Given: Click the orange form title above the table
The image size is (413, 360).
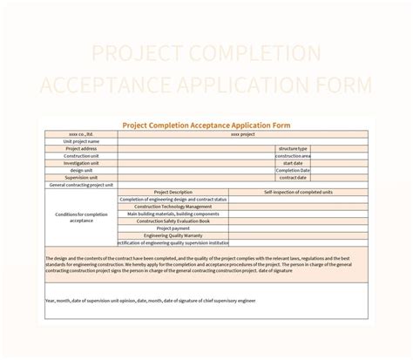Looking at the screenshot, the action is coord(206,124).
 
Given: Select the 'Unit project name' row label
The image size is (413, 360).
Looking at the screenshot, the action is coord(81,140).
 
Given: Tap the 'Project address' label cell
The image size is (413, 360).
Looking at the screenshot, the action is coord(81,148).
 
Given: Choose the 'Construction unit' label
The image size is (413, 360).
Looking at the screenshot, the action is coord(81,155).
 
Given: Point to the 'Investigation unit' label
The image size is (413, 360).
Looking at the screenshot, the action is coord(81,162).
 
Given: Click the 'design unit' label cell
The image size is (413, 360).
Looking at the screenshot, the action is coord(81,170).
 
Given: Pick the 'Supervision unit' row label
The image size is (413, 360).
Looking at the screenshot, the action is coord(81,177).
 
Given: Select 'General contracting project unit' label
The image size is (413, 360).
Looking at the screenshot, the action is coord(81,185).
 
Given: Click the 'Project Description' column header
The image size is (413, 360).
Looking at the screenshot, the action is coord(173,192).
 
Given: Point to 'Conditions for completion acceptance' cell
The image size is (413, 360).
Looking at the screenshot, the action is coord(81,217).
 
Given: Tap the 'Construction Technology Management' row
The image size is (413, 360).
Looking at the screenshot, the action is coord(173,207).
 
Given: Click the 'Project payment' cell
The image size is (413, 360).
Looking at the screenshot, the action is coord(173,228).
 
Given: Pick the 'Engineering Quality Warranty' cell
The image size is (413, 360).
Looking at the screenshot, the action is coord(173,235).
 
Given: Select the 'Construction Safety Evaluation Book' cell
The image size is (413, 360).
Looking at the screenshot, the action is coord(173,221).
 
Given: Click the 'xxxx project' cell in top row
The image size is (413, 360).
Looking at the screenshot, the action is coord(242,133).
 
